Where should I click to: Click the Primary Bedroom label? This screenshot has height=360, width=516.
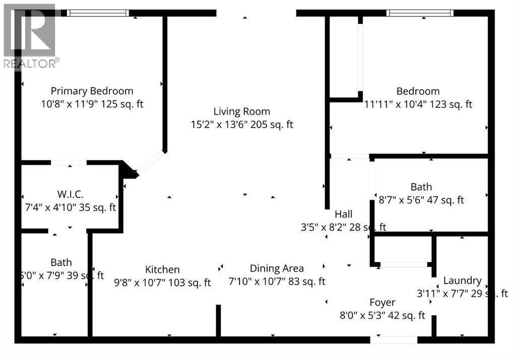[x=92, y=91]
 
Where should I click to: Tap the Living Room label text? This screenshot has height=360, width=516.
[x=241, y=112]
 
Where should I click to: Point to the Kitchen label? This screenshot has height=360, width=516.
[x=162, y=270]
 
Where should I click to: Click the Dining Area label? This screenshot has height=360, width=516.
[x=277, y=269]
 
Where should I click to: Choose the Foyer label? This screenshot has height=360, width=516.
[x=382, y=303]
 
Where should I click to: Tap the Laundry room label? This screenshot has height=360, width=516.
[x=462, y=281]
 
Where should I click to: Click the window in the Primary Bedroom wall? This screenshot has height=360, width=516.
[x=98, y=13]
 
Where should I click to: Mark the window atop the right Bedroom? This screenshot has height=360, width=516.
[x=420, y=13]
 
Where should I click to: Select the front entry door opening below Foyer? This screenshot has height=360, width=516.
[x=394, y=340]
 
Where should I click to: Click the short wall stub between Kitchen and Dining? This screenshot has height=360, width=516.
[x=218, y=320]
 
